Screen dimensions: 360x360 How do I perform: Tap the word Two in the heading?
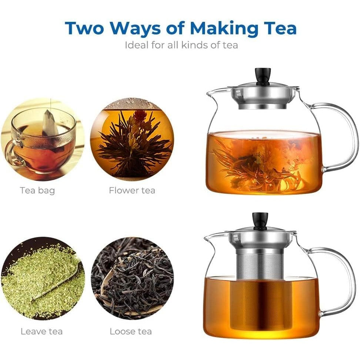tap(84, 28)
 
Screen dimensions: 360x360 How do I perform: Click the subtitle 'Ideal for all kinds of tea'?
tap(181, 45)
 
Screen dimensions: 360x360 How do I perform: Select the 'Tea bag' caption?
tap(37, 191)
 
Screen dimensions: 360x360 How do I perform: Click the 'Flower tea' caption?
tap(132, 190)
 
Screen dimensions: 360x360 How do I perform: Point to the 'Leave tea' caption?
tap(41, 331)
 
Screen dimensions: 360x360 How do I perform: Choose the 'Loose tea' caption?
tap(131, 331)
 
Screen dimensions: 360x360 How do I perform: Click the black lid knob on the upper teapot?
tap(263, 76)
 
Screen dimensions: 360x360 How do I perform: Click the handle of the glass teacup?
tap(12, 151)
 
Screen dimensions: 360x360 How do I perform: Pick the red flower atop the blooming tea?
tap(139, 115)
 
